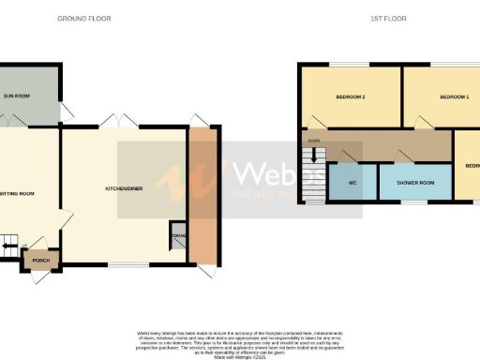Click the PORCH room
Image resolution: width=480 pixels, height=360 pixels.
(x=40, y=261)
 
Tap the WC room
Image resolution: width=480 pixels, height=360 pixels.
(x=352, y=183)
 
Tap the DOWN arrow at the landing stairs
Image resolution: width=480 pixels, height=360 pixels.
(x=312, y=141)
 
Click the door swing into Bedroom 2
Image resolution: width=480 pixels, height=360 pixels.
(x=320, y=122)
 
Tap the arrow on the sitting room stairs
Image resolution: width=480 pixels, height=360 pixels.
(x=7, y=247)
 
